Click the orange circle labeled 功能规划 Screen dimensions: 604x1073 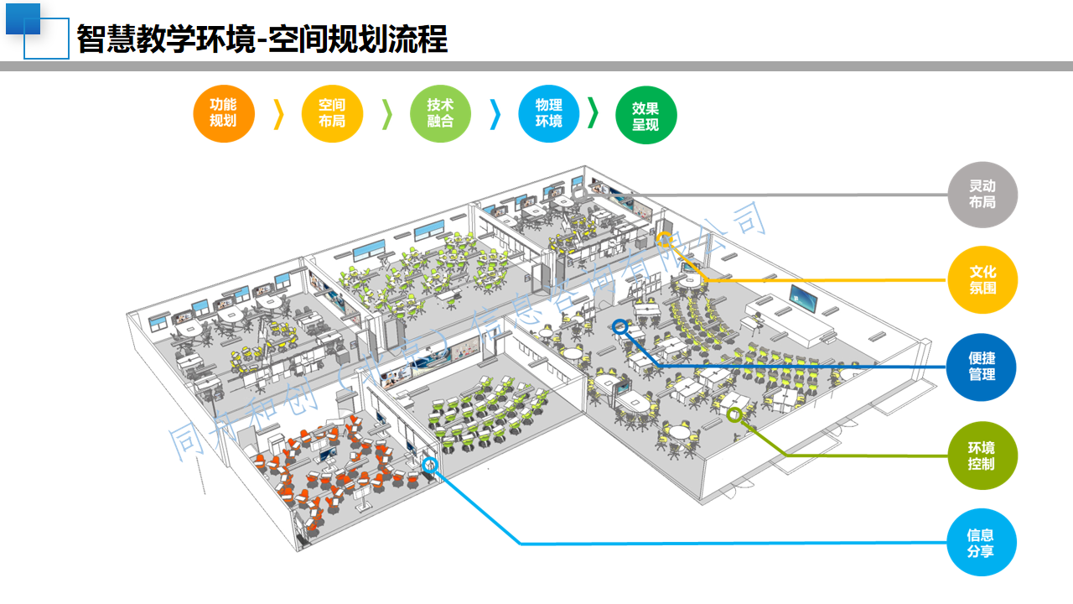(224, 113)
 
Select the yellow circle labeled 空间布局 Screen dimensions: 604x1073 (331, 113)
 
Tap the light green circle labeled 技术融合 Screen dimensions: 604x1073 (440, 113)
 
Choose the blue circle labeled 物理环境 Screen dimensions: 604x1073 (549, 113)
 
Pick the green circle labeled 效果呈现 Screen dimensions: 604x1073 (645, 116)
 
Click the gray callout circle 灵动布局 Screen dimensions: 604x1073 (982, 195)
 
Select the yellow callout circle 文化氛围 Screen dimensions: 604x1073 (982, 280)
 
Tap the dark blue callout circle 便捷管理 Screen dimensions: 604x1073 (982, 367)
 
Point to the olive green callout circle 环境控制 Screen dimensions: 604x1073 (982, 456)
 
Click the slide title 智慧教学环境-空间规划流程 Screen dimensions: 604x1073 (262, 39)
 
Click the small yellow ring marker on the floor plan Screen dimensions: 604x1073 (664, 239)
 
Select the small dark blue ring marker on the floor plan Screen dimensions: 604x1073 (620, 327)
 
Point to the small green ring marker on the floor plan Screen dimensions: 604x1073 (734, 414)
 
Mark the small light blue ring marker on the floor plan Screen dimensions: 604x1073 (430, 464)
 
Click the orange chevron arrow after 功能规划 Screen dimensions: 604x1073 (279, 114)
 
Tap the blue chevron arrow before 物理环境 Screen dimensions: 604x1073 (495, 114)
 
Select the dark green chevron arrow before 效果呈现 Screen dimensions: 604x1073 (594, 112)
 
